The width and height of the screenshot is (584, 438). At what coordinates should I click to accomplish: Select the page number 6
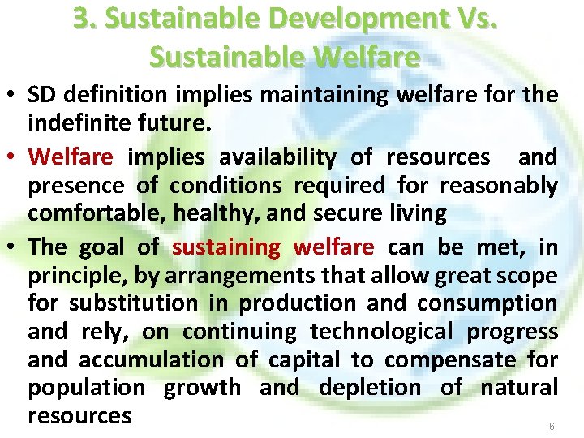pos(552,426)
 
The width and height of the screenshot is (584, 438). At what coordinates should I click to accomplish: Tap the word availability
pos(277,157)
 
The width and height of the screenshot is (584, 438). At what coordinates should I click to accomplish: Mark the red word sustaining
pos(226,246)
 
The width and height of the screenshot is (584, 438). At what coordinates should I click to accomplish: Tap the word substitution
pos(133,303)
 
